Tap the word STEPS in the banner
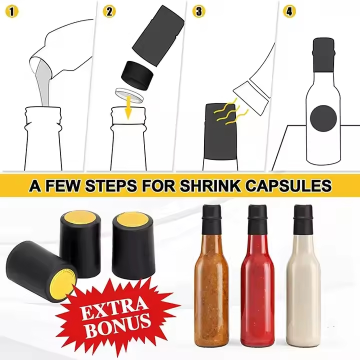tap(109, 186)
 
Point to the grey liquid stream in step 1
tap(43, 85)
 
